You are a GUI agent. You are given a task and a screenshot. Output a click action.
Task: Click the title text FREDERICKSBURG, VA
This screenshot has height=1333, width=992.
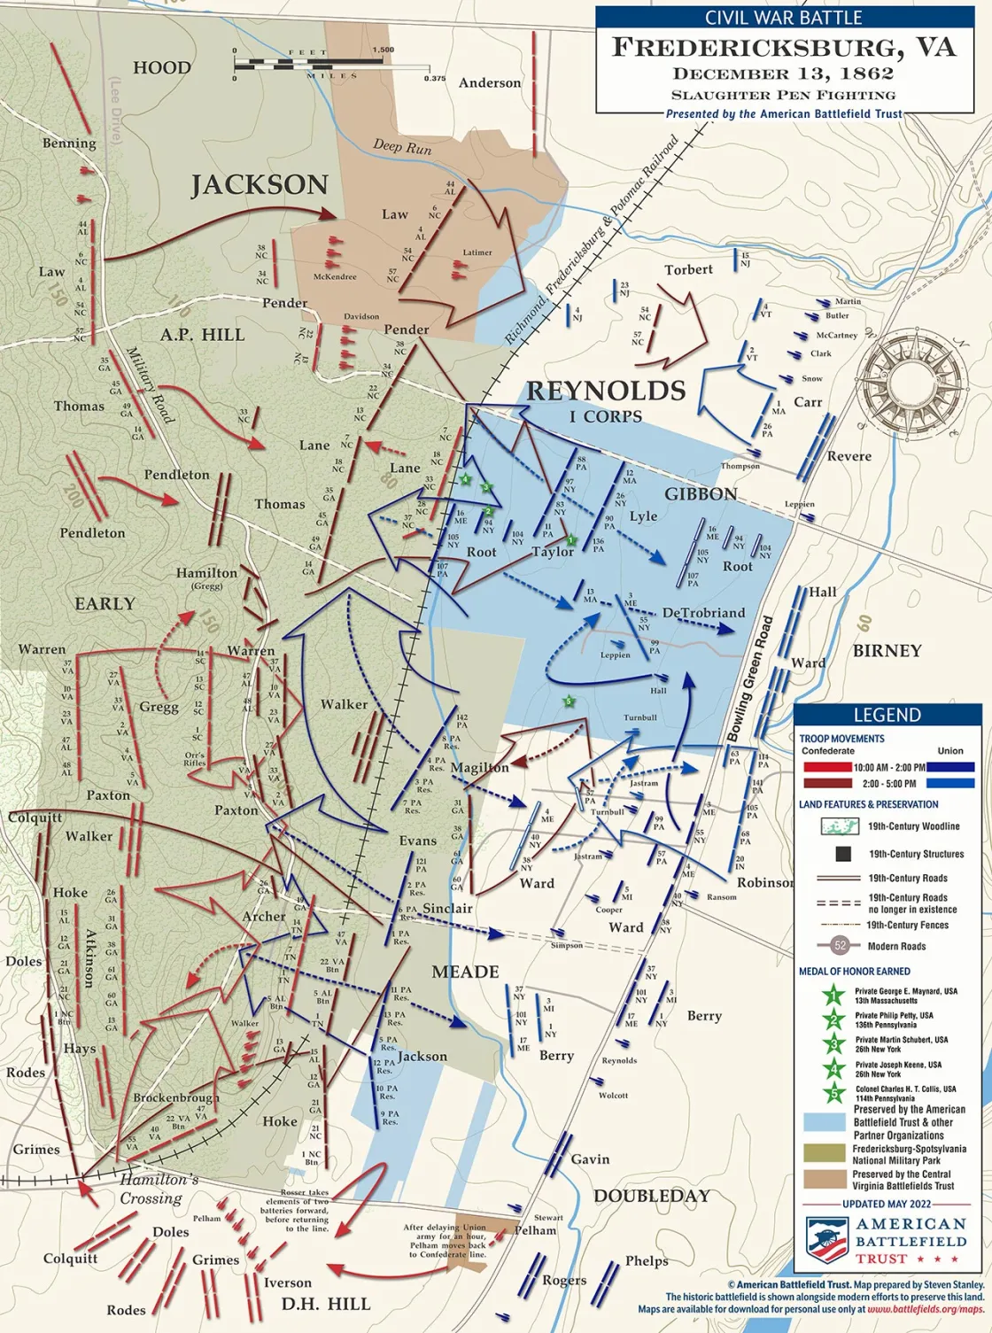coord(784,48)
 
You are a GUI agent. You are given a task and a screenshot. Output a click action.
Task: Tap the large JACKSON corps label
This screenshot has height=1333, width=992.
coord(260,185)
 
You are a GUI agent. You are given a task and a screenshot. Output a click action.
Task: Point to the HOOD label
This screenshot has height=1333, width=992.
coord(162,68)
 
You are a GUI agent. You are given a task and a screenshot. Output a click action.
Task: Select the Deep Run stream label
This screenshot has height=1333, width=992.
coord(402,146)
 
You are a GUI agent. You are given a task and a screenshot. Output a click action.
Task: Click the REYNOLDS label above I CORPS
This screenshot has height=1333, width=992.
coord(606,391)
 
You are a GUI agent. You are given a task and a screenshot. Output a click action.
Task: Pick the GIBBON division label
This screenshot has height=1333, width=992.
coord(701,494)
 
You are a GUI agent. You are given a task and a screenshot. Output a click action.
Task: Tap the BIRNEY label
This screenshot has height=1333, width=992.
coord(887,651)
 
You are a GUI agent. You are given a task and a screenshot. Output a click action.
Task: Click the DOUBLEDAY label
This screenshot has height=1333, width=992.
coord(652,1196)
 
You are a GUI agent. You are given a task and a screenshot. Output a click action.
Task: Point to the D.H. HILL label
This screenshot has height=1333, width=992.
coord(326,1304)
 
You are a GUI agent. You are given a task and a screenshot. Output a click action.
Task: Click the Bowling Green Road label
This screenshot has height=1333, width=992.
coord(751,679)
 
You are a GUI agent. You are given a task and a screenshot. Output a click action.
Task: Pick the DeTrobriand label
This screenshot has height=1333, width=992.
coord(703,613)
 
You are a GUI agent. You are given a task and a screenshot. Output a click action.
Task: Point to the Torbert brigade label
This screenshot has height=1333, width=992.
coord(688,269)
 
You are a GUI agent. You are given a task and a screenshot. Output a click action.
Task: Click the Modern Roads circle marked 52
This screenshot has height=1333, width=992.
coord(841,946)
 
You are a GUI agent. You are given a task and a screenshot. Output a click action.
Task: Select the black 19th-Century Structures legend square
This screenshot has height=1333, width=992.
coord(843,854)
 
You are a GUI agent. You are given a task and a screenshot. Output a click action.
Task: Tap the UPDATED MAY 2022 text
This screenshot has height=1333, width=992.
coord(887,1204)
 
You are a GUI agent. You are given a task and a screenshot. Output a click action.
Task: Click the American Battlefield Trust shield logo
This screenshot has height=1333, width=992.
coord(825,1240)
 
